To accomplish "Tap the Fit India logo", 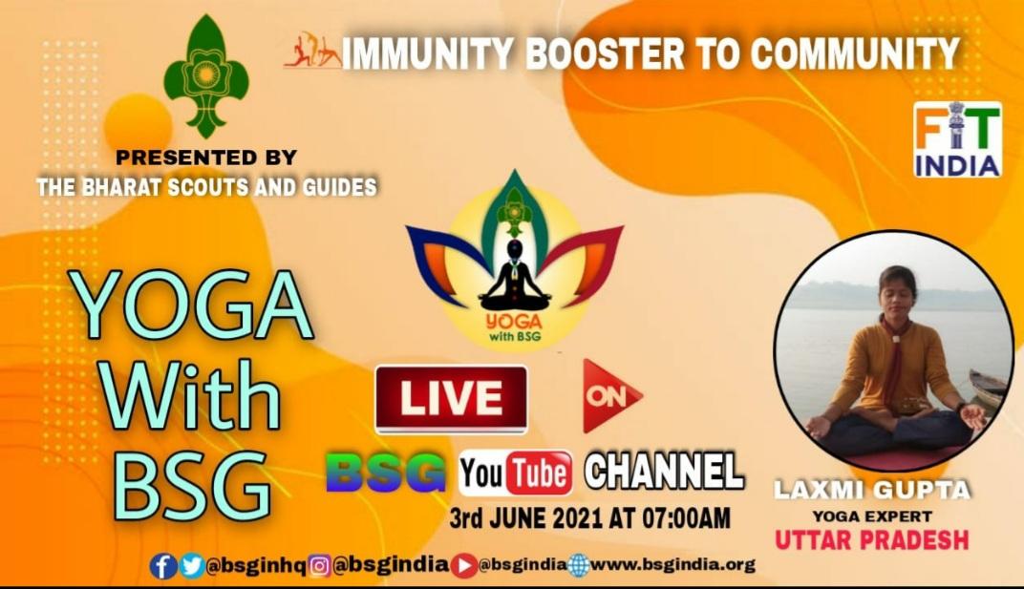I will (x=957, y=139).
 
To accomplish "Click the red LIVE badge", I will (x=451, y=398).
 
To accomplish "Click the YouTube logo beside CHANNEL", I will (x=516, y=473).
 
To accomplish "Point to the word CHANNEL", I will (x=664, y=471).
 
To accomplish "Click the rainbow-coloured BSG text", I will (x=386, y=473).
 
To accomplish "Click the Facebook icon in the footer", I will (x=163, y=566).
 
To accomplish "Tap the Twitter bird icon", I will (x=191, y=566).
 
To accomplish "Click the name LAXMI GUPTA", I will (x=871, y=491).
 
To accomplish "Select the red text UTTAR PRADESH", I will (x=871, y=539).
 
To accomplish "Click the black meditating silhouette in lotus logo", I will (x=515, y=277).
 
